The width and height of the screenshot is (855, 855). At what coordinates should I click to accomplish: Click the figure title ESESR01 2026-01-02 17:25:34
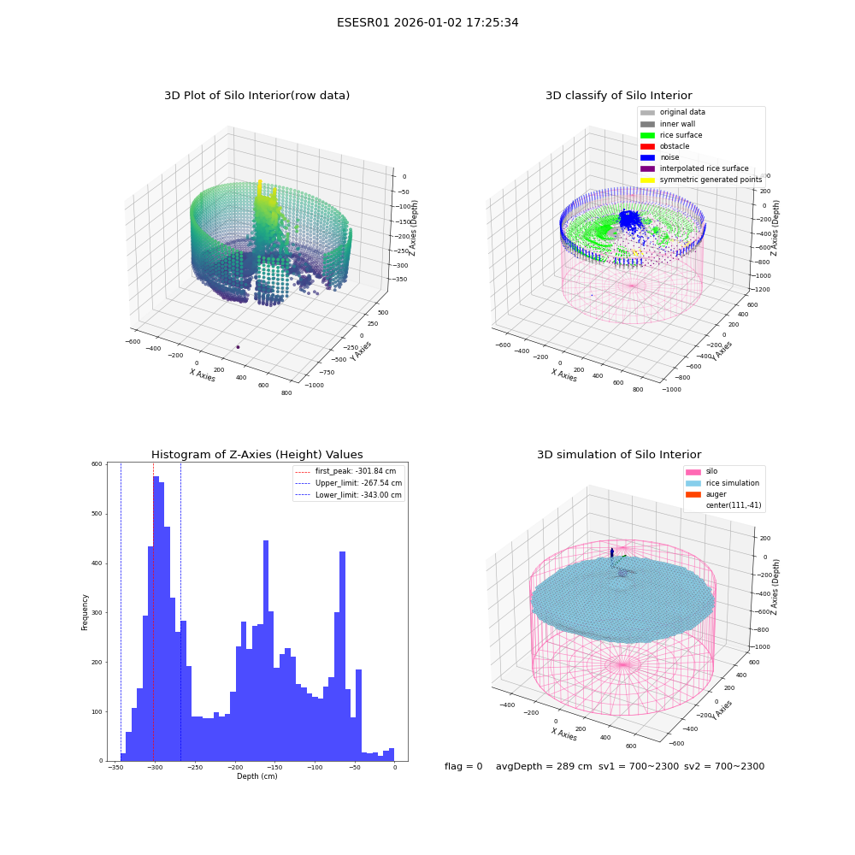[x=427, y=22]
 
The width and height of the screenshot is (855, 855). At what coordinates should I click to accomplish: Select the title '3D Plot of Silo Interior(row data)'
[x=256, y=96]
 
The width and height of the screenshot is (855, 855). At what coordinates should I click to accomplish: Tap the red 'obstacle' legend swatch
[x=647, y=146]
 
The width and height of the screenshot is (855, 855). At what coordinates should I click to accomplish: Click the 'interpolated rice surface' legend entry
[x=694, y=168]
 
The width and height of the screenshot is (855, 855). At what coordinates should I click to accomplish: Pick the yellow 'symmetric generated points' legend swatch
[x=647, y=180]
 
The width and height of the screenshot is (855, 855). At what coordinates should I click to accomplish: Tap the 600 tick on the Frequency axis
[x=97, y=464]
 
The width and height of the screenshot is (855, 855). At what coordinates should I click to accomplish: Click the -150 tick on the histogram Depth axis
[x=274, y=767]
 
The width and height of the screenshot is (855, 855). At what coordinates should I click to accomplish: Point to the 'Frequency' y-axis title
[x=85, y=612]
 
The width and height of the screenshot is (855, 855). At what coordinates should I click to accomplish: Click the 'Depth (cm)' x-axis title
[x=257, y=776]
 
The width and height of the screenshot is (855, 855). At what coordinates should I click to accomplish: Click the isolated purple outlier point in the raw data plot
[x=238, y=347]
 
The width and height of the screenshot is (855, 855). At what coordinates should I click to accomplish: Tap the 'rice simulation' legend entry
[x=722, y=483]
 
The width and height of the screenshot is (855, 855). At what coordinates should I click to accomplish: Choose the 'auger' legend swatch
[x=693, y=494]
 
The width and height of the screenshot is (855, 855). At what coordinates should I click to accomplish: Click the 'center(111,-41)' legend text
[x=733, y=505]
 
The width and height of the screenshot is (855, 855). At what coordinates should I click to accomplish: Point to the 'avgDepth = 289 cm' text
[x=544, y=766]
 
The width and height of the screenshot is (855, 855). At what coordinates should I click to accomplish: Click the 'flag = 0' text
[x=463, y=766]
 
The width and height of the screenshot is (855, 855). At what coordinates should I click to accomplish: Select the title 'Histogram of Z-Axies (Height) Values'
[x=256, y=455]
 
